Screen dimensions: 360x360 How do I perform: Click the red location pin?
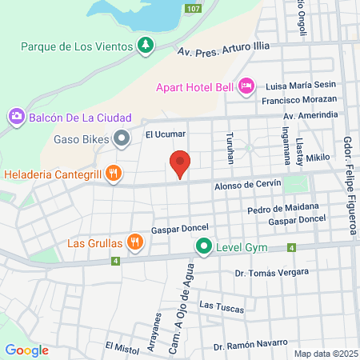click(180, 164)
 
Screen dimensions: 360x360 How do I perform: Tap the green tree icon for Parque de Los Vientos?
click(145, 46)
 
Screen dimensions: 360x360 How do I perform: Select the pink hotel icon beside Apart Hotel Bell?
click(246, 84)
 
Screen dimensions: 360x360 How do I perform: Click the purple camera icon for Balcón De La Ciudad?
click(15, 118)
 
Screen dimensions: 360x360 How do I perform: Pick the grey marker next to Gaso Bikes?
click(122, 140)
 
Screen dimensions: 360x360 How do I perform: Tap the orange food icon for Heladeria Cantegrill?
click(114, 173)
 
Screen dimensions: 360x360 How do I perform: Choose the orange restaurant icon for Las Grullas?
click(137, 242)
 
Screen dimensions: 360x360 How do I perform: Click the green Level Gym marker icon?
click(205, 246)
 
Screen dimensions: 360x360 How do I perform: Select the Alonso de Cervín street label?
click(247, 185)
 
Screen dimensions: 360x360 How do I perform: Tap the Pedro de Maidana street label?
click(278, 209)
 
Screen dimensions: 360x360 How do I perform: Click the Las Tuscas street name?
click(217, 306)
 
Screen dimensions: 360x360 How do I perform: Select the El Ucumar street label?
click(165, 134)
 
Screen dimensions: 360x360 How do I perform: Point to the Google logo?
click(27, 350)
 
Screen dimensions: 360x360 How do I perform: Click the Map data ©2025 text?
click(325, 354)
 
